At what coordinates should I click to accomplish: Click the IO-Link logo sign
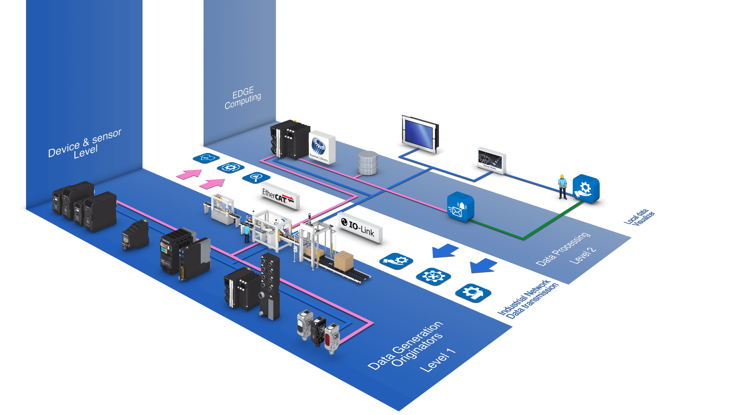point(360,228)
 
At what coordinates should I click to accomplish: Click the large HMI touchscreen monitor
point(419,134)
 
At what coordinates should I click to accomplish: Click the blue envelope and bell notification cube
point(460,207)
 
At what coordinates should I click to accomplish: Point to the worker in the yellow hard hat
point(562,187)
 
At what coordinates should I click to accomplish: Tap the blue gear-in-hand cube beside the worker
point(586,188)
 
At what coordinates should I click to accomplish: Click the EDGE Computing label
point(243,98)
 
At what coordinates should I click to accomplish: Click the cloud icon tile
point(206,158)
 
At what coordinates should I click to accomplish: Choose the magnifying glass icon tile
point(256,177)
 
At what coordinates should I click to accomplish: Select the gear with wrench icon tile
point(433,277)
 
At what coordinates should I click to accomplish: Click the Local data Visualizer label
point(639,218)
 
